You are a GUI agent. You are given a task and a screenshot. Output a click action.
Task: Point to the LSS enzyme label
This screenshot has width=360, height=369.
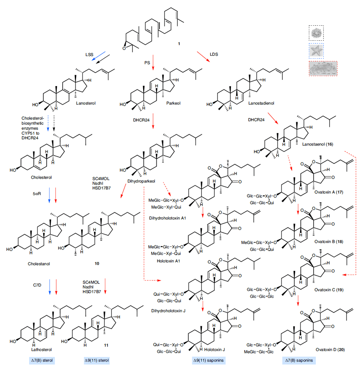pos(89,54)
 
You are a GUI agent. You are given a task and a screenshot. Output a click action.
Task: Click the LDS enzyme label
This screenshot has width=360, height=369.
pos(214,54)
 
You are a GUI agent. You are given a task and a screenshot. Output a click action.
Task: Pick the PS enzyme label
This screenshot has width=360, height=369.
pos(142,62)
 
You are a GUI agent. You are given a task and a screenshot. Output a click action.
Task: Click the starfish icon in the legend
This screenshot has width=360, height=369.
pos(318,52)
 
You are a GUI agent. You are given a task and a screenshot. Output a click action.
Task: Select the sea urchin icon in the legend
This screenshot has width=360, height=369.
pos(318,32)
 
